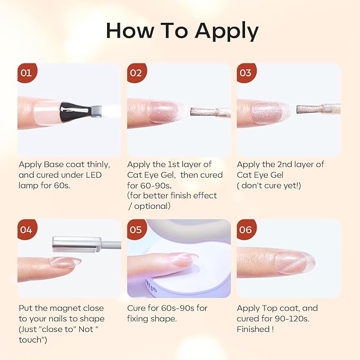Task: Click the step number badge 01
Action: pyautogui.click(x=27, y=73)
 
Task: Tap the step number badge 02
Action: pyautogui.click(x=137, y=73)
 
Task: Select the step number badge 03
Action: pyautogui.click(x=247, y=73)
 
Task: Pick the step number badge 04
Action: pyautogui.click(x=27, y=230)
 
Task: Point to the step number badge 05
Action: pyautogui.click(x=137, y=230)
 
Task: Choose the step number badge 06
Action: pyautogui.click(x=247, y=230)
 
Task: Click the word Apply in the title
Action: pyautogui.click(x=226, y=31)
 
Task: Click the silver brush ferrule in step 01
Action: pyautogui.click(x=96, y=111)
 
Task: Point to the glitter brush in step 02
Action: pyautogui.click(x=210, y=112)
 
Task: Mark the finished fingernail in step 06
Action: pyautogui.click(x=295, y=262)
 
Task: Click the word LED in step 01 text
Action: pyautogui.click(x=94, y=175)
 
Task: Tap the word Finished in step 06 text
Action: pyautogui.click(x=253, y=329)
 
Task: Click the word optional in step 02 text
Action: pyautogui.click(x=152, y=206)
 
